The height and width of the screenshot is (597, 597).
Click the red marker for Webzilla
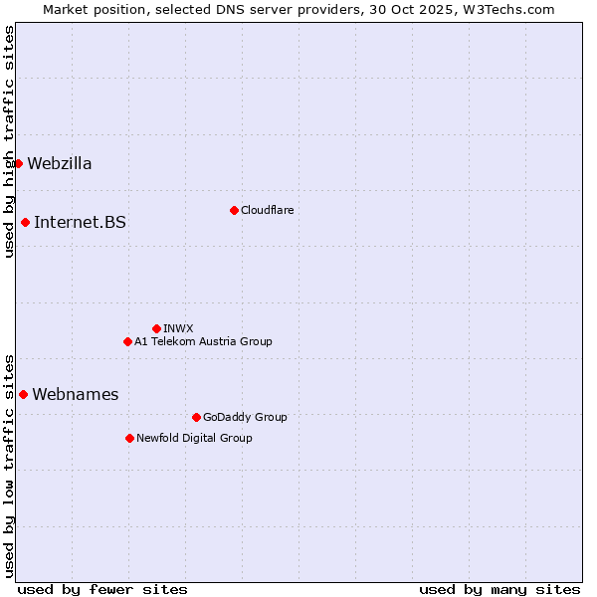[x=18, y=163]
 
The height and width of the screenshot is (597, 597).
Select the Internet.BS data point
[x=25, y=222]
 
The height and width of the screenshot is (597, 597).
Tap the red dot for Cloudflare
[x=234, y=210]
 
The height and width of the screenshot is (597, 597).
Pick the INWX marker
[x=156, y=328]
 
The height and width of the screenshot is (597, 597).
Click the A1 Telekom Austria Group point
[x=127, y=341]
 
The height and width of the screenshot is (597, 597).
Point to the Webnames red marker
[x=23, y=394]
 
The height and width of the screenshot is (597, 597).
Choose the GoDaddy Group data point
[x=196, y=417]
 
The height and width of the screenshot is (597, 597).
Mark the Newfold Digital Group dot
[x=129, y=438]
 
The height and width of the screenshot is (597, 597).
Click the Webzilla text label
[x=60, y=163]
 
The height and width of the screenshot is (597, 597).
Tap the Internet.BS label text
[x=80, y=222]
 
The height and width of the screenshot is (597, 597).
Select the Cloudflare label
[x=267, y=210]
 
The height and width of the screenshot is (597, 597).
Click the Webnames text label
[x=75, y=394]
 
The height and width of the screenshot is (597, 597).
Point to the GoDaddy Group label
[x=245, y=417]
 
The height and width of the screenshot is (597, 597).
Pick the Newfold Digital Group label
[x=194, y=438]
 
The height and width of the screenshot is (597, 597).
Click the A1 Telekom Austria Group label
[x=203, y=341]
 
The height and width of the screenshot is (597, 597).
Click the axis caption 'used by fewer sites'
[x=102, y=589]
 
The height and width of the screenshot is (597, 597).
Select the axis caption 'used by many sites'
[x=499, y=589]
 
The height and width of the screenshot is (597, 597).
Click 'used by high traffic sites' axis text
[x=9, y=141]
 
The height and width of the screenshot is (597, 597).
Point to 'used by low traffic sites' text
[x=9, y=465]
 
